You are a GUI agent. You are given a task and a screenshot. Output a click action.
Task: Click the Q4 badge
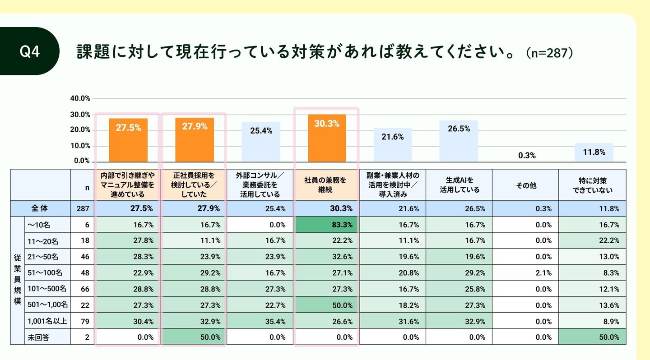tap(30, 51)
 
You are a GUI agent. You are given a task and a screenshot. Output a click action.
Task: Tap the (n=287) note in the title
tap(549, 53)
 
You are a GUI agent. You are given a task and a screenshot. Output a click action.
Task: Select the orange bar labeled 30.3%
tap(327, 138)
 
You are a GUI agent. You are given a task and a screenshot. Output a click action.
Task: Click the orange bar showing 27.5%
tap(128, 140)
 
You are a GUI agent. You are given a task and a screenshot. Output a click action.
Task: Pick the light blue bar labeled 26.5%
tap(459, 141)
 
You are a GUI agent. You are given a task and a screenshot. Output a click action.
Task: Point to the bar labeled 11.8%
tap(594, 152)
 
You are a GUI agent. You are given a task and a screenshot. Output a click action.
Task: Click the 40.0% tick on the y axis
tap(80, 98)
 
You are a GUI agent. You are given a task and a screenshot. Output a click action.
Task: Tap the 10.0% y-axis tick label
tap(80, 146)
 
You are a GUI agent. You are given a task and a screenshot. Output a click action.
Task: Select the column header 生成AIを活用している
tap(459, 185)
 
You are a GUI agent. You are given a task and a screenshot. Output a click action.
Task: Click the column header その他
tap(525, 185)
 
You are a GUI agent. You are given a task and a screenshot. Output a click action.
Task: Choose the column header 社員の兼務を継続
tap(326, 185)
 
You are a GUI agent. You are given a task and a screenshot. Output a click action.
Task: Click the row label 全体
tap(40, 208)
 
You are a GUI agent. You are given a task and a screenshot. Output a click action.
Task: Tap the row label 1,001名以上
tap(47, 321)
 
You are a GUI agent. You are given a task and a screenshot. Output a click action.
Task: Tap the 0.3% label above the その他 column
tap(526, 156)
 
